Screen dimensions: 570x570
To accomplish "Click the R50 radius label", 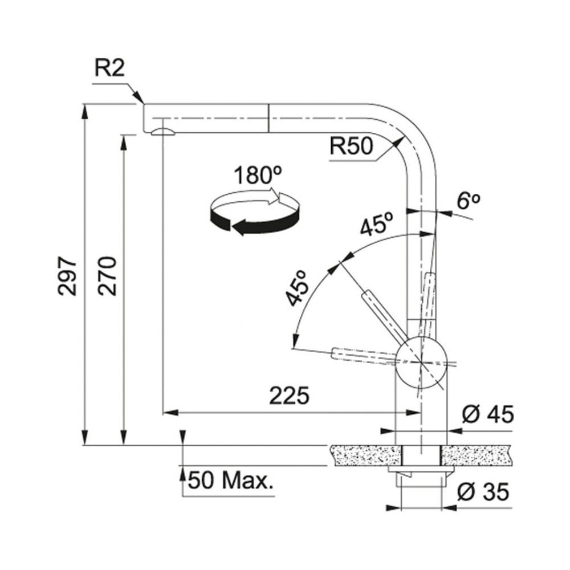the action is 351,146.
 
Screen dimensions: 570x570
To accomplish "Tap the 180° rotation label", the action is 258,176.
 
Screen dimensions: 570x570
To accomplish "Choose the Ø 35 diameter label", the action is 483,492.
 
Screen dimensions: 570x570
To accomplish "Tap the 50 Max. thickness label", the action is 230,481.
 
